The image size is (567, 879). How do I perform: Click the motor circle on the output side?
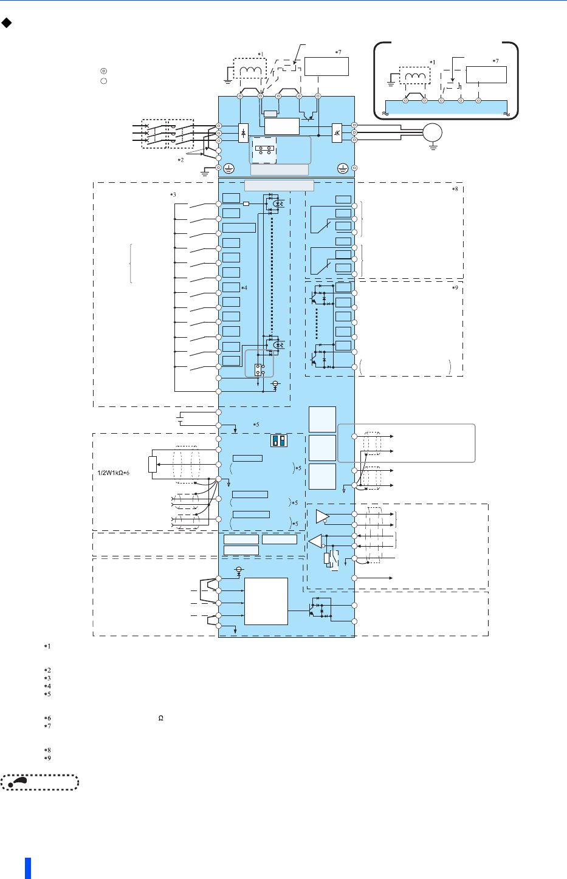click(x=432, y=132)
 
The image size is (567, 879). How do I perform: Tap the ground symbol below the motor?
click(x=433, y=147)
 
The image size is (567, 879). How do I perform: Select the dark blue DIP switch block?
click(x=279, y=440)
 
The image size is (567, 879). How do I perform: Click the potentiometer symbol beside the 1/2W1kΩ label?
click(x=153, y=464)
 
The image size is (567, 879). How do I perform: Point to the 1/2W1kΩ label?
click(x=113, y=473)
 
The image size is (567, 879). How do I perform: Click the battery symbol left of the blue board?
click(x=180, y=419)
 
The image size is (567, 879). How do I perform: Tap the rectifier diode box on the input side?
click(x=244, y=133)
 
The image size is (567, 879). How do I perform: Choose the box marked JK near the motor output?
click(x=337, y=133)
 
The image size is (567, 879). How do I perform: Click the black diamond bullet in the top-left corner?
click(x=6, y=22)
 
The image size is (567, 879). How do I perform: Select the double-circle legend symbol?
click(x=104, y=71)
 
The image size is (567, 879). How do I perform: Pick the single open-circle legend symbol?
click(x=104, y=81)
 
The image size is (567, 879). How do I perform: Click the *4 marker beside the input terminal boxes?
click(x=244, y=288)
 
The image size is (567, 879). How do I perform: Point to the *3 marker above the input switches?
click(x=173, y=194)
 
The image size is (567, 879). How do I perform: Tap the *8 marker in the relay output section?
click(x=455, y=189)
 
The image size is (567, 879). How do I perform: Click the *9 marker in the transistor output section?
click(x=455, y=288)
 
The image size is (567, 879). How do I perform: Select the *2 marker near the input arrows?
click(x=180, y=160)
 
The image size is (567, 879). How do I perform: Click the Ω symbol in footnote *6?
click(x=160, y=718)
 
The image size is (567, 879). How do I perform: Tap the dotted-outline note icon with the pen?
click(x=40, y=782)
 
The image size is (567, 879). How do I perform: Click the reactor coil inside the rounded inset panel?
click(x=414, y=75)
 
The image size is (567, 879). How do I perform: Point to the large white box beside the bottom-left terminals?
click(x=266, y=601)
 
